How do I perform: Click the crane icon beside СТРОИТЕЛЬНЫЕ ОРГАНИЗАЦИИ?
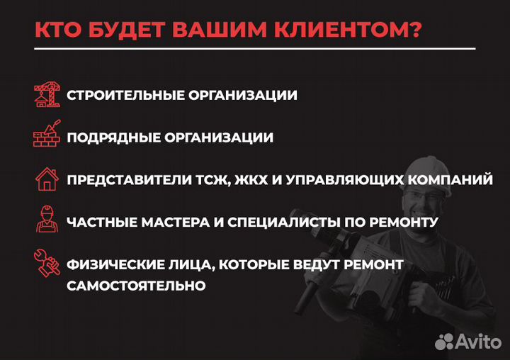click(47, 94)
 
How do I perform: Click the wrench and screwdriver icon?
click(47, 263)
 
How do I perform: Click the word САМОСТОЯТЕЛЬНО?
click(137, 286)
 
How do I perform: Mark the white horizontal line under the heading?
click(255, 49)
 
